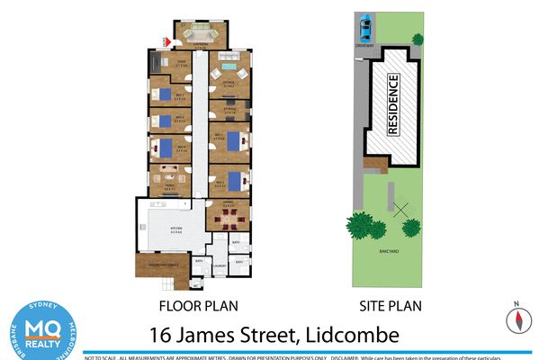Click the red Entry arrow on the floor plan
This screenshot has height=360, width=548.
pos(164,40)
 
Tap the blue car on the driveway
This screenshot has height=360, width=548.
pos(364,25)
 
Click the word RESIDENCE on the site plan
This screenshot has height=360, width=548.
pos(392,104)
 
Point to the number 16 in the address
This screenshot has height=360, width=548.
pos(163,336)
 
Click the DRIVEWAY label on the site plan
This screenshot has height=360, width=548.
pos(364,42)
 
